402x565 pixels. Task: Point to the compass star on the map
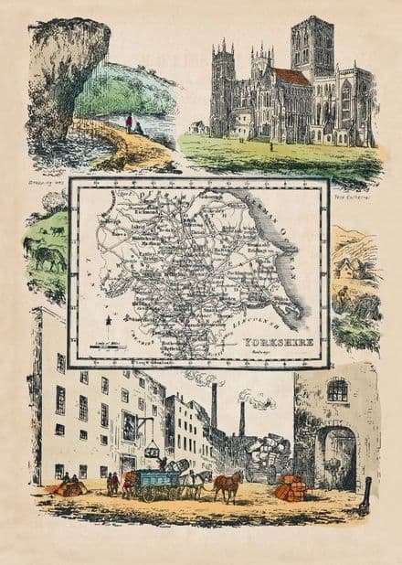point(110,320)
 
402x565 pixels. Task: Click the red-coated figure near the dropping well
point(129,122)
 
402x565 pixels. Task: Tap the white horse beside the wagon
point(194,481)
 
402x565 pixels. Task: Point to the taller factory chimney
point(213,407)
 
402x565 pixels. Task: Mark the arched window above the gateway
point(337,390)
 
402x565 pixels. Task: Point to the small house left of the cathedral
point(197,127)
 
